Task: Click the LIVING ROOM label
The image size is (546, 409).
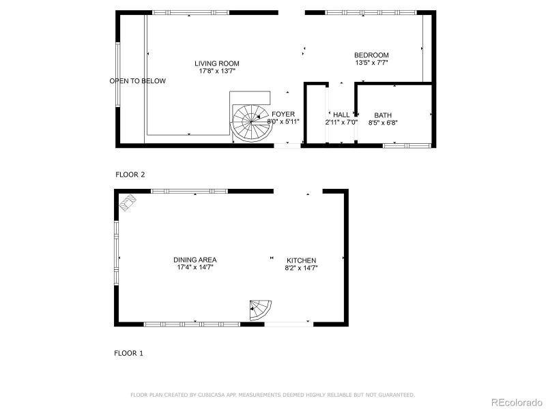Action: (x=216, y=63)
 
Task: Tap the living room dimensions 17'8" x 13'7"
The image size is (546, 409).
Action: (x=216, y=71)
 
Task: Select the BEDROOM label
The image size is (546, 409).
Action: (x=371, y=55)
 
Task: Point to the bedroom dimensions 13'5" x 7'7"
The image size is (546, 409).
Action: (x=371, y=63)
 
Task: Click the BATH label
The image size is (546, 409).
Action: (x=382, y=115)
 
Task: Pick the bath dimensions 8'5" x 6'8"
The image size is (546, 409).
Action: (x=382, y=123)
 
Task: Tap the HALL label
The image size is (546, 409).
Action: (x=341, y=115)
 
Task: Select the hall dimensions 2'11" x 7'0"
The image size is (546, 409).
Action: (x=341, y=123)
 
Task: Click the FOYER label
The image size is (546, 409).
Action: (x=283, y=114)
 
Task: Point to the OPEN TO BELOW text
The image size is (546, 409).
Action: (x=137, y=81)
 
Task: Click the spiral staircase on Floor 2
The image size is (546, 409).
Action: (x=248, y=123)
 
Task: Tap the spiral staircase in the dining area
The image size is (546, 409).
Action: (x=261, y=310)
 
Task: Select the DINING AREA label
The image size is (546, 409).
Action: (x=195, y=260)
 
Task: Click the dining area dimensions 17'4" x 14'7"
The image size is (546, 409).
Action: (x=195, y=268)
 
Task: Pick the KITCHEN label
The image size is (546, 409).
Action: (x=301, y=260)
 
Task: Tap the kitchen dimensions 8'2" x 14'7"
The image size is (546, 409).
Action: (x=301, y=269)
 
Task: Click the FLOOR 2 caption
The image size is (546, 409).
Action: (x=130, y=175)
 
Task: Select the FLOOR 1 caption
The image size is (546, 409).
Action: (x=128, y=353)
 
